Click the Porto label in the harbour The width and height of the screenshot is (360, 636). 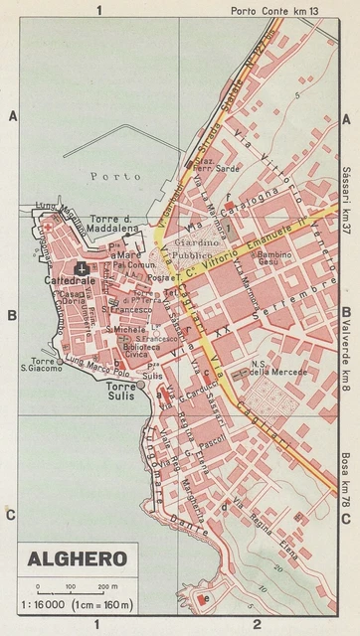pyautogui.click(x=109, y=177)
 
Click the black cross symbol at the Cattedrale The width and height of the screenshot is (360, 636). pyautogui.click(x=82, y=268)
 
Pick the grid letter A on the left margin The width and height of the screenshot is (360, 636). pyautogui.click(x=12, y=117)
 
